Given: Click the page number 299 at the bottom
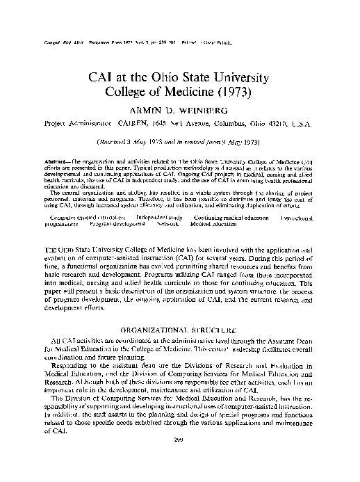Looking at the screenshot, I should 180,458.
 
